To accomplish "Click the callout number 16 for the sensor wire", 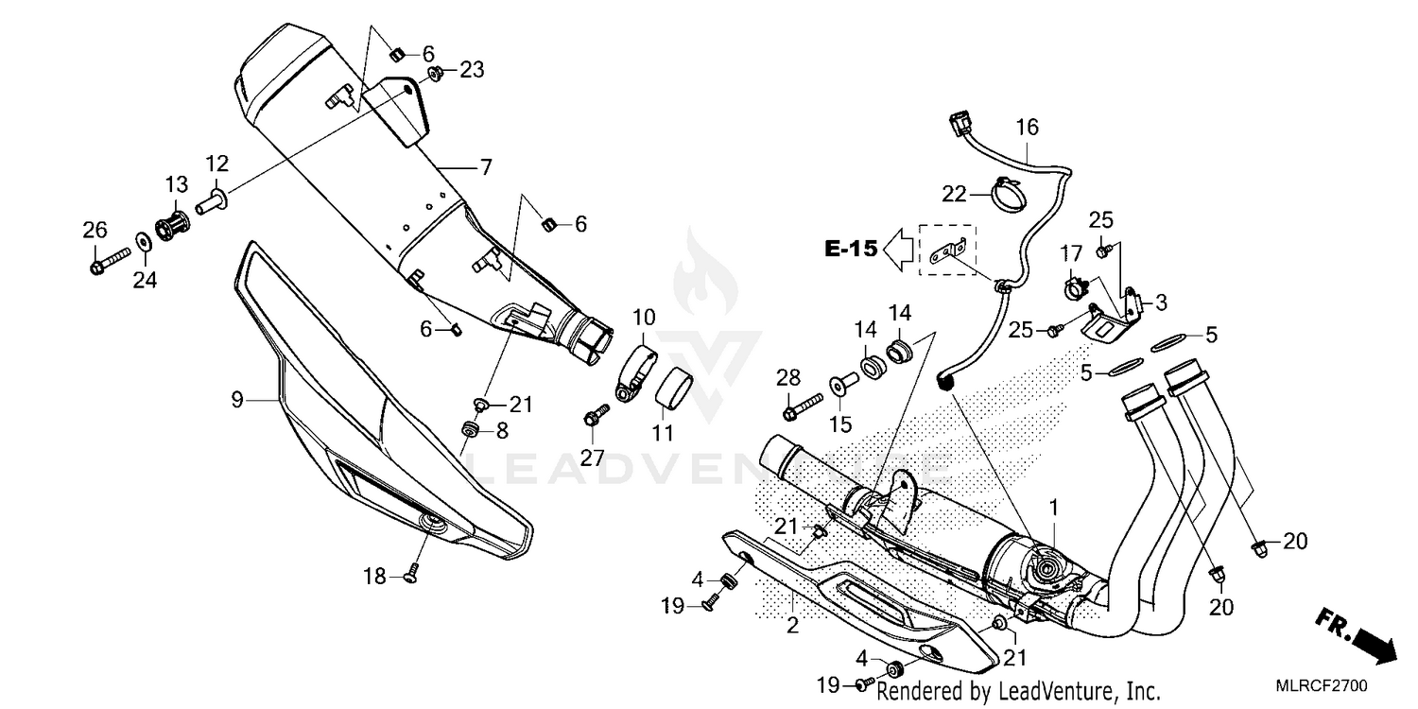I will point(1027,128).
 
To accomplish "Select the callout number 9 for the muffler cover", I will point(237,400).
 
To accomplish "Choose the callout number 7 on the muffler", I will point(485,168).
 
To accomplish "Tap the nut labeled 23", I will point(437,73).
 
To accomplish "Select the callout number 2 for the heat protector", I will point(792,624).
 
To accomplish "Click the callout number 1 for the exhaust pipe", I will point(1053,508).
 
